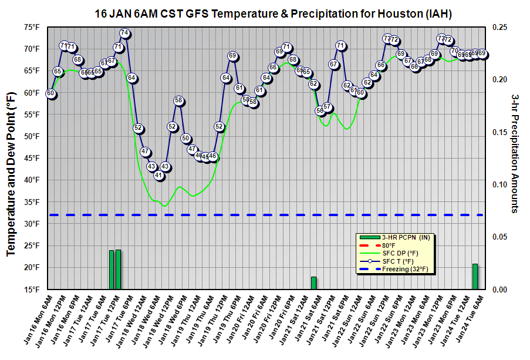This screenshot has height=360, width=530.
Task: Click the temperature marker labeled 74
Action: [124, 33]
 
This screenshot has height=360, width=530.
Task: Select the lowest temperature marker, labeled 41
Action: [158, 175]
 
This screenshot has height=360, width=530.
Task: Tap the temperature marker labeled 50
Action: [186, 139]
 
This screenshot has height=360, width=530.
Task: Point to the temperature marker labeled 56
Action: [320, 110]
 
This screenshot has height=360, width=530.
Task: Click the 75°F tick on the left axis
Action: [32, 27]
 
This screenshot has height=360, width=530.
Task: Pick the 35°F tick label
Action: [32, 202]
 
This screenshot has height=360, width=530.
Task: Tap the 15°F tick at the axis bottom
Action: [32, 290]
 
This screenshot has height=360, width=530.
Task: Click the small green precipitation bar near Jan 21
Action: [313, 283]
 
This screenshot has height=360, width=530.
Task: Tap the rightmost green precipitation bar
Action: [475, 277]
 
